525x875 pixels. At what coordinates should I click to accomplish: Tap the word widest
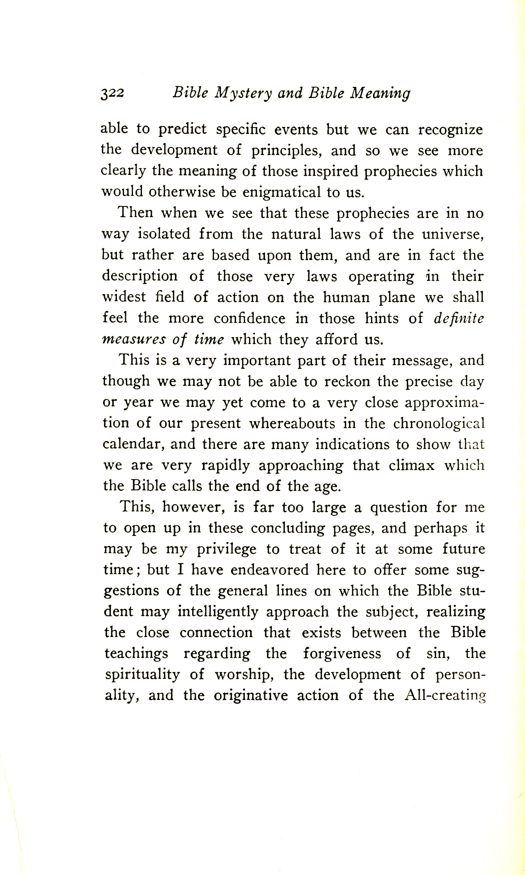coord(124,297)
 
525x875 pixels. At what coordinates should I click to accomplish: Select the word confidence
coord(249,318)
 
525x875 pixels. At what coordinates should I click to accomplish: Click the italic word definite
coord(459,318)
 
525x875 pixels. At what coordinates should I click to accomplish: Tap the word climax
coord(411,465)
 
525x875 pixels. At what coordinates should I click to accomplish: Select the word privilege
coord(226,549)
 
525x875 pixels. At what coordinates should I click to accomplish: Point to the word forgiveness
coord(342,654)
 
